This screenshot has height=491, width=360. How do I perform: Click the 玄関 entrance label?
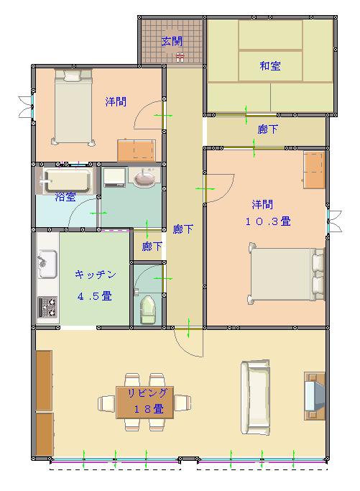[x=172, y=41]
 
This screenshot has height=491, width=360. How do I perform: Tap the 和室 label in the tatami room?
[x=270, y=65]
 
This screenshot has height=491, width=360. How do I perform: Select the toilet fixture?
[x=148, y=310]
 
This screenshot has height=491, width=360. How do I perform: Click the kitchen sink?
[x=47, y=264]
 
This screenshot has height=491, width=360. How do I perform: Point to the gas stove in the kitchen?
[x=47, y=307]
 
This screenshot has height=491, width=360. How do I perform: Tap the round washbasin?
[x=144, y=178]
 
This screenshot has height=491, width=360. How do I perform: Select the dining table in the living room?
[x=144, y=403]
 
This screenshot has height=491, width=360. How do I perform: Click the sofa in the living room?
[x=255, y=397]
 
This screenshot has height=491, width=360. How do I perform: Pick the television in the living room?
[x=315, y=396]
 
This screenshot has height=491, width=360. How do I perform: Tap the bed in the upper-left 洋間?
[x=73, y=107]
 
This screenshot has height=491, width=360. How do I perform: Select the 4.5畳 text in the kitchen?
[x=94, y=296]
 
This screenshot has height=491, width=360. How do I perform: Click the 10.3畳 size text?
[x=268, y=221]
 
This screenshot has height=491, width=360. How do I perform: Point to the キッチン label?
[x=95, y=275]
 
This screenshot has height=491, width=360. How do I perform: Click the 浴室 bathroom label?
[x=65, y=197]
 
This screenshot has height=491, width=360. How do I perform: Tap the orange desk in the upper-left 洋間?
[x=137, y=150]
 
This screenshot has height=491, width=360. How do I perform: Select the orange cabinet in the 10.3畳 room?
[x=314, y=170]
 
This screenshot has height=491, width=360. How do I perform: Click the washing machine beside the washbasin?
[x=114, y=178]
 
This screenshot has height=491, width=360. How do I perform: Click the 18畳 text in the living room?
[x=148, y=408]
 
